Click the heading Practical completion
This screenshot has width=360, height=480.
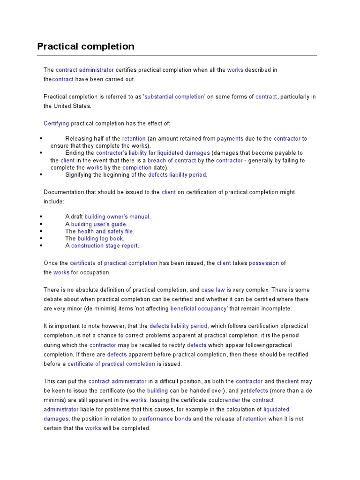click(x=86, y=46)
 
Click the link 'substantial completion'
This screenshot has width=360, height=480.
click(x=174, y=97)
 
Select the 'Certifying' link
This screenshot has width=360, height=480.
click(x=56, y=123)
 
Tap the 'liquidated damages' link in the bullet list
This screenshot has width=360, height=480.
click(x=183, y=153)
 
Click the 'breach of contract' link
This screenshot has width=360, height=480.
click(x=172, y=160)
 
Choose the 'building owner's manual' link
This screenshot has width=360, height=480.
click(x=117, y=217)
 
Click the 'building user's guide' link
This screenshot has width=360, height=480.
click(x=99, y=224)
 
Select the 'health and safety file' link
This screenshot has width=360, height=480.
click(x=105, y=231)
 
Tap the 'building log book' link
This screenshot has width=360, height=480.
click(x=100, y=238)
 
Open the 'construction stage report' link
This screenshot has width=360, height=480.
click(x=105, y=246)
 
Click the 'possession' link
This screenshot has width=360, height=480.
click(x=264, y=263)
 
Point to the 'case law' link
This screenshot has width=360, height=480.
click(x=213, y=290)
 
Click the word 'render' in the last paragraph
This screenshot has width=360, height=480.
click(x=232, y=400)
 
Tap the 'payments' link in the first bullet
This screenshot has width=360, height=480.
click(x=230, y=139)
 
